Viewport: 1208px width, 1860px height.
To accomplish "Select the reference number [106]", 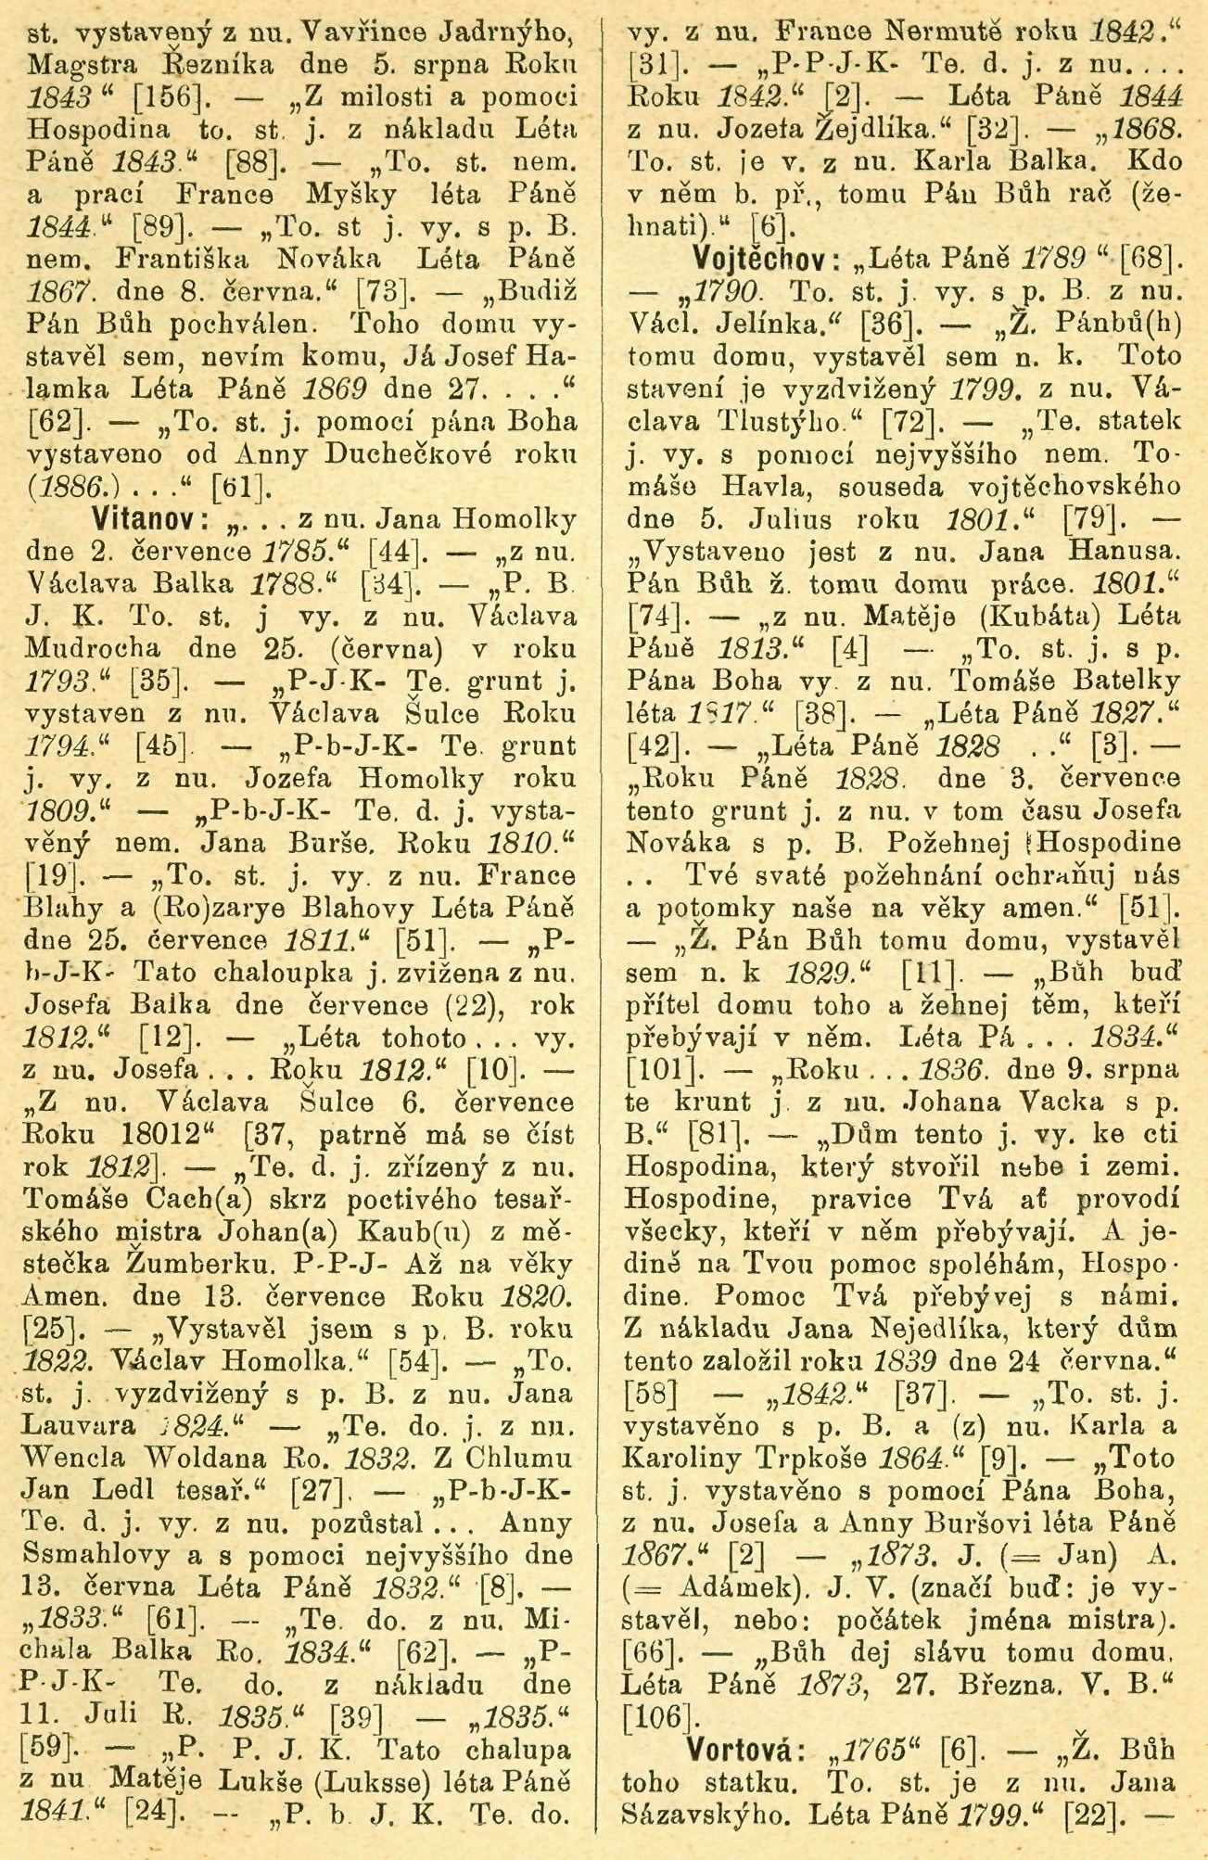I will (660, 1715).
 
